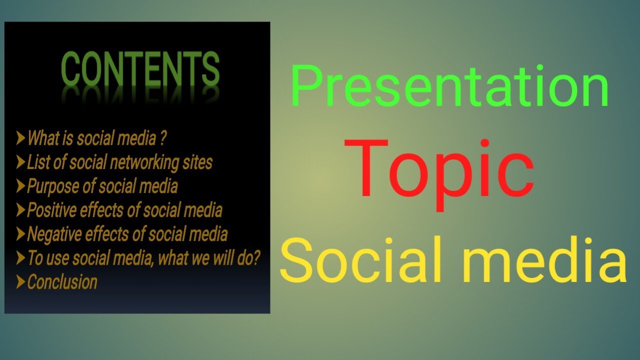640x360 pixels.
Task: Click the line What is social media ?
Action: click(x=96, y=138)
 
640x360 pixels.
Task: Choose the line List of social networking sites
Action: click(x=119, y=162)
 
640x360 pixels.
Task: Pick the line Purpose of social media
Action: click(x=102, y=186)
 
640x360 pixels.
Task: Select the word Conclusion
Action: click(x=62, y=282)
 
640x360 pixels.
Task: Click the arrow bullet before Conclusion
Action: click(x=20, y=282)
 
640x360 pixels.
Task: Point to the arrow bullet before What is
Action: click(x=20, y=138)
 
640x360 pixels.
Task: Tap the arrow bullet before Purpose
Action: click(x=20, y=186)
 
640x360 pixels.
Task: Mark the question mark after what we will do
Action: click(x=256, y=258)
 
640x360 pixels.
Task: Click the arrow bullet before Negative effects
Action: click(x=20, y=234)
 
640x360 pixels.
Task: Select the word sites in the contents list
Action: click(x=199, y=162)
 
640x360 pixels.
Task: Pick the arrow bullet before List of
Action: click(x=20, y=162)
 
